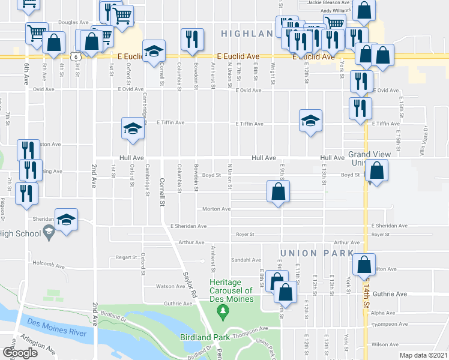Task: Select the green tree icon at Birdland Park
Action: (x=223, y=311)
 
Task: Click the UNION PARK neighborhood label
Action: (x=316, y=253)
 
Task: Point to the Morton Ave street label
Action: (x=217, y=209)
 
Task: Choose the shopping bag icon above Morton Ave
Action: (x=278, y=193)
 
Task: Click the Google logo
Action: (x=20, y=352)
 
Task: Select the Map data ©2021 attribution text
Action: (x=423, y=355)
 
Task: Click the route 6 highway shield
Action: (x=73, y=56)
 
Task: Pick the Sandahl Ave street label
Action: (x=247, y=260)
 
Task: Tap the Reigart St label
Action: (x=127, y=257)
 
